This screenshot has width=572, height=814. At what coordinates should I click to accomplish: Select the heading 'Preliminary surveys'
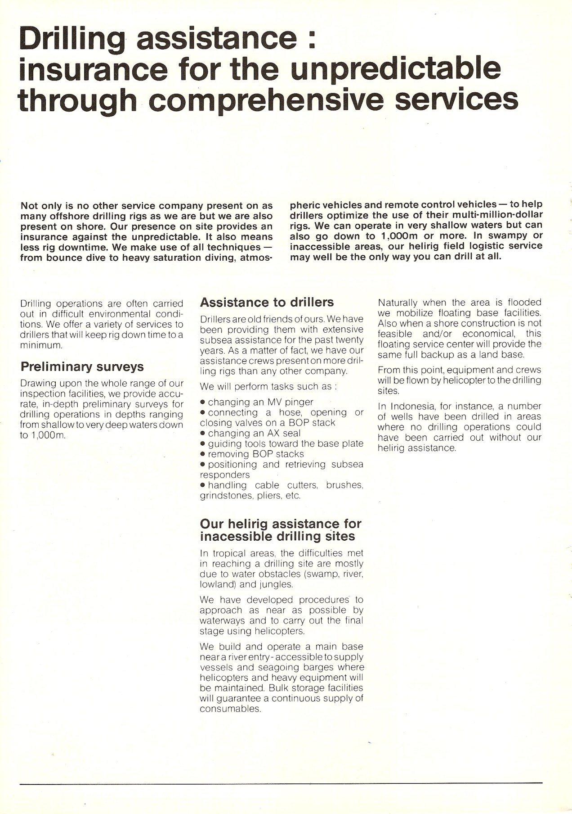[82, 366]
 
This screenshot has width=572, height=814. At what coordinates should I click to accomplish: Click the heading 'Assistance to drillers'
[267, 302]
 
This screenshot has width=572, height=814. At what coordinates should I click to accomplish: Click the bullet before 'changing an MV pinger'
[203, 402]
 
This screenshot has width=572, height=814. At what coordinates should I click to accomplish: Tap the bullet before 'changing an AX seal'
[203, 433]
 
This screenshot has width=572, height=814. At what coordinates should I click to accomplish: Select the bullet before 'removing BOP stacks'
[203, 454]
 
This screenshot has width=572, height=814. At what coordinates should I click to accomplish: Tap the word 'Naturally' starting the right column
[398, 303]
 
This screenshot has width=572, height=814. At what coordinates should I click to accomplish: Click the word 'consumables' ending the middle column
[230, 709]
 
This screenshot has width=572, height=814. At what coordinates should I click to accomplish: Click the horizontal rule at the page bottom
[281, 784]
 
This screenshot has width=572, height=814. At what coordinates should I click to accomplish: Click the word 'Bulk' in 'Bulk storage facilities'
[279, 688]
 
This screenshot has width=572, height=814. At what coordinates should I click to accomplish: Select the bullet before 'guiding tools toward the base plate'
[203, 443]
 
